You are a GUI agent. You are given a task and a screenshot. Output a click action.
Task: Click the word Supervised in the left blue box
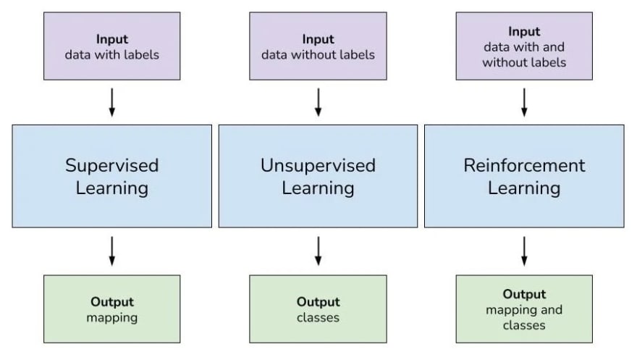coord(111,165)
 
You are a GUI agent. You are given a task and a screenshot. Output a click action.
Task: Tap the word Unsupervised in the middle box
coord(318,165)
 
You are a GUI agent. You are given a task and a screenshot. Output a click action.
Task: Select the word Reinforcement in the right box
coord(524,165)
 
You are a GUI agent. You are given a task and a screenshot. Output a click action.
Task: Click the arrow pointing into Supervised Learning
coord(112,102)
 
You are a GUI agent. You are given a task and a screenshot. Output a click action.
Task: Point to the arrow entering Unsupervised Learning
coord(318,102)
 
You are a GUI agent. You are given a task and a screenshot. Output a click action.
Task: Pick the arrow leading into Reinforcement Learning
coord(524,102)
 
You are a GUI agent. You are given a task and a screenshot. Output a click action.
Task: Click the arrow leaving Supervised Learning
coord(112,251)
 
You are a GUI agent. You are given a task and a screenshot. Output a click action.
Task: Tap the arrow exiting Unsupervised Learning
coord(318,251)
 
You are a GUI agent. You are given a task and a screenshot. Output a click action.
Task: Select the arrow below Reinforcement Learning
coord(524,251)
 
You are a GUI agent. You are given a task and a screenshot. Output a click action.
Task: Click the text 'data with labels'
coord(111,54)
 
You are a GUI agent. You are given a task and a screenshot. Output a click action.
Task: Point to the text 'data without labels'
coord(318,54)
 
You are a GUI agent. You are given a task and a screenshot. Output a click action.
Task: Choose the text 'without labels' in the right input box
coord(524,62)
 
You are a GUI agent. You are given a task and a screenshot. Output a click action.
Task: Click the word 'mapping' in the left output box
coord(111,318)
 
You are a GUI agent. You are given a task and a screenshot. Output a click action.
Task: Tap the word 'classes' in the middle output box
coord(318,317)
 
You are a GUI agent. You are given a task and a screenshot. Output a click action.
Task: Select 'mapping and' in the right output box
coord(524,310)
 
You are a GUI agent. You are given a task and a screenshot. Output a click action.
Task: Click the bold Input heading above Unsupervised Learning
coord(318,39)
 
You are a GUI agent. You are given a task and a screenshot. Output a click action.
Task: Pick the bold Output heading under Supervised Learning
coord(112,301)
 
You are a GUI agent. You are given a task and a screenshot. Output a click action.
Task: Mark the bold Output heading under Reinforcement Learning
coord(524,294)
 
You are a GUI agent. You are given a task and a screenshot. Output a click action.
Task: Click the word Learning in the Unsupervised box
coord(318,188)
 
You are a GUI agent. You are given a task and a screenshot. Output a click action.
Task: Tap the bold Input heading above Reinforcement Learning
coord(524,31)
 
